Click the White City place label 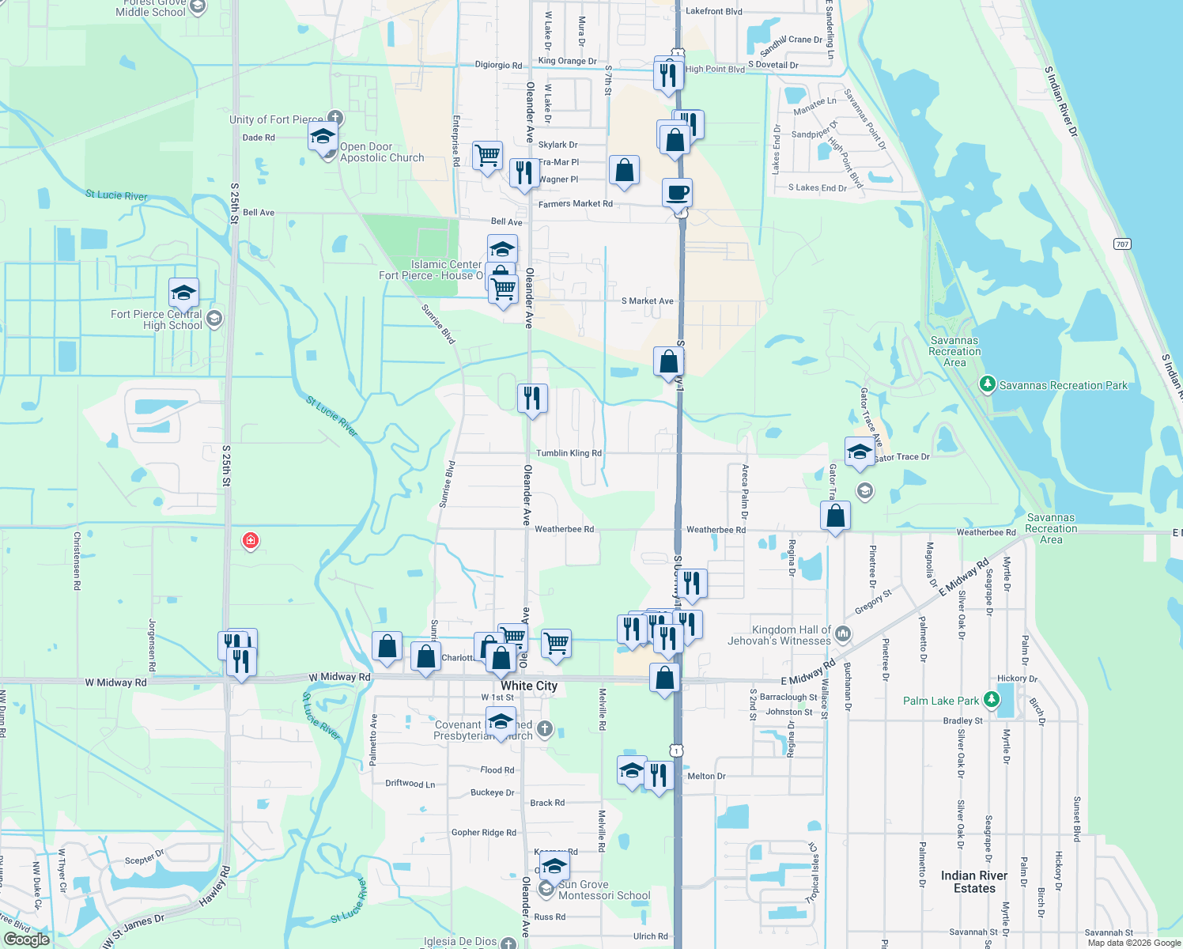click(529, 686)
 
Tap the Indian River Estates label click(974, 882)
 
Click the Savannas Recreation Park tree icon click(987, 385)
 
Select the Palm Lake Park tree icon click(991, 701)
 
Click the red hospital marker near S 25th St click(251, 541)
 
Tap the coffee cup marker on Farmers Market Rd click(678, 192)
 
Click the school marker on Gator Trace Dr click(860, 453)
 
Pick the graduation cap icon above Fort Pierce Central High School click(183, 293)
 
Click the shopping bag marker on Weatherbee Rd click(836, 517)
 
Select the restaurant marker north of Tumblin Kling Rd click(532, 399)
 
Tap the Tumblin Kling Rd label click(569, 453)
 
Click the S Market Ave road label click(647, 301)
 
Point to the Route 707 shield click(1122, 244)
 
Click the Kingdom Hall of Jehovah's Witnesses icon click(843, 633)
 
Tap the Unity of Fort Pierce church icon click(334, 118)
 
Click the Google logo click(27, 940)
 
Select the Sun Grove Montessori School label click(604, 890)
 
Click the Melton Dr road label click(706, 776)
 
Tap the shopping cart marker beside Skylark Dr click(488, 155)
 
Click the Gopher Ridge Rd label click(483, 833)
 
